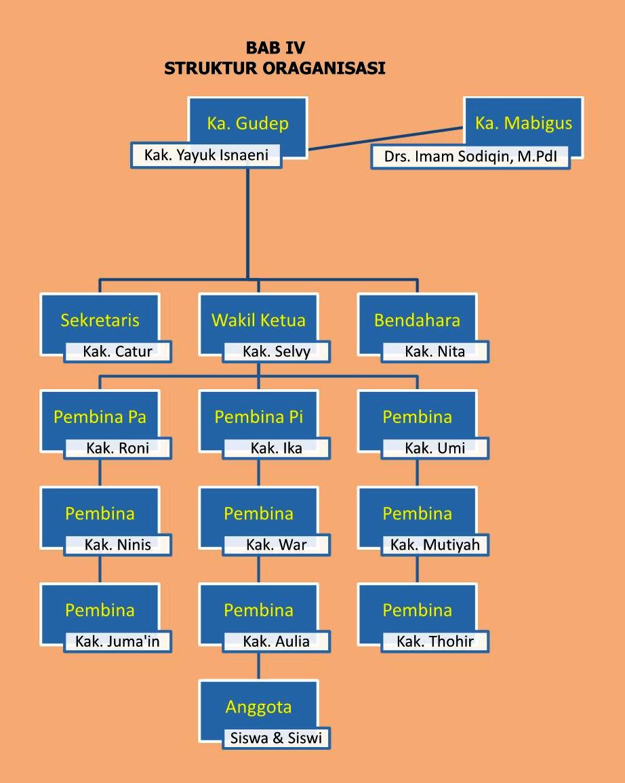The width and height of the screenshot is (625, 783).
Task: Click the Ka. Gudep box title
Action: pyautogui.click(x=247, y=123)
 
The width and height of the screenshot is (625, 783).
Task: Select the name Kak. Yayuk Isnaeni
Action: pyautogui.click(x=206, y=155)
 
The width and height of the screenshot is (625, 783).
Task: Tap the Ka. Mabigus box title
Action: pyautogui.click(x=523, y=123)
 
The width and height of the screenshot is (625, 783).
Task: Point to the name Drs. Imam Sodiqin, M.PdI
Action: pyautogui.click(x=470, y=157)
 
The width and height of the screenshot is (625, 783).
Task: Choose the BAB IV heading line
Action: pyautogui.click(x=275, y=48)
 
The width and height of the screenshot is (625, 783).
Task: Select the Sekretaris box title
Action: pyautogui.click(x=100, y=320)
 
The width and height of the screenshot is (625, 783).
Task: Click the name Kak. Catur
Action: pyautogui.click(x=118, y=351)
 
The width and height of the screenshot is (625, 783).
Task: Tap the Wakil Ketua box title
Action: pyautogui.click(x=258, y=320)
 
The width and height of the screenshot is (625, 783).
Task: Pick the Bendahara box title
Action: pyautogui.click(x=417, y=320)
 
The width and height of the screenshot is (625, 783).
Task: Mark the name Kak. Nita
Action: pyautogui.click(x=435, y=351)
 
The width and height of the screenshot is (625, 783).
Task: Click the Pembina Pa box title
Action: pyautogui.click(x=100, y=417)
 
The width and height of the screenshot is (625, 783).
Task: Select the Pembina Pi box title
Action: pyautogui.click(x=258, y=417)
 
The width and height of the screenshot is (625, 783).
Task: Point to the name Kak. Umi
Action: pyautogui.click(x=435, y=448)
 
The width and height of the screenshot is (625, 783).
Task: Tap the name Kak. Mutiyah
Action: pyautogui.click(x=435, y=544)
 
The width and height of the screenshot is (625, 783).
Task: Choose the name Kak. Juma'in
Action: pyautogui.click(x=118, y=641)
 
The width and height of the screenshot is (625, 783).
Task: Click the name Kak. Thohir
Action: pyautogui.click(x=435, y=641)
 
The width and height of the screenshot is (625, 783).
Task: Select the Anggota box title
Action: pyautogui.click(x=258, y=707)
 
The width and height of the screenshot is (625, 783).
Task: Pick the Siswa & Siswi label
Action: pyautogui.click(x=276, y=738)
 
